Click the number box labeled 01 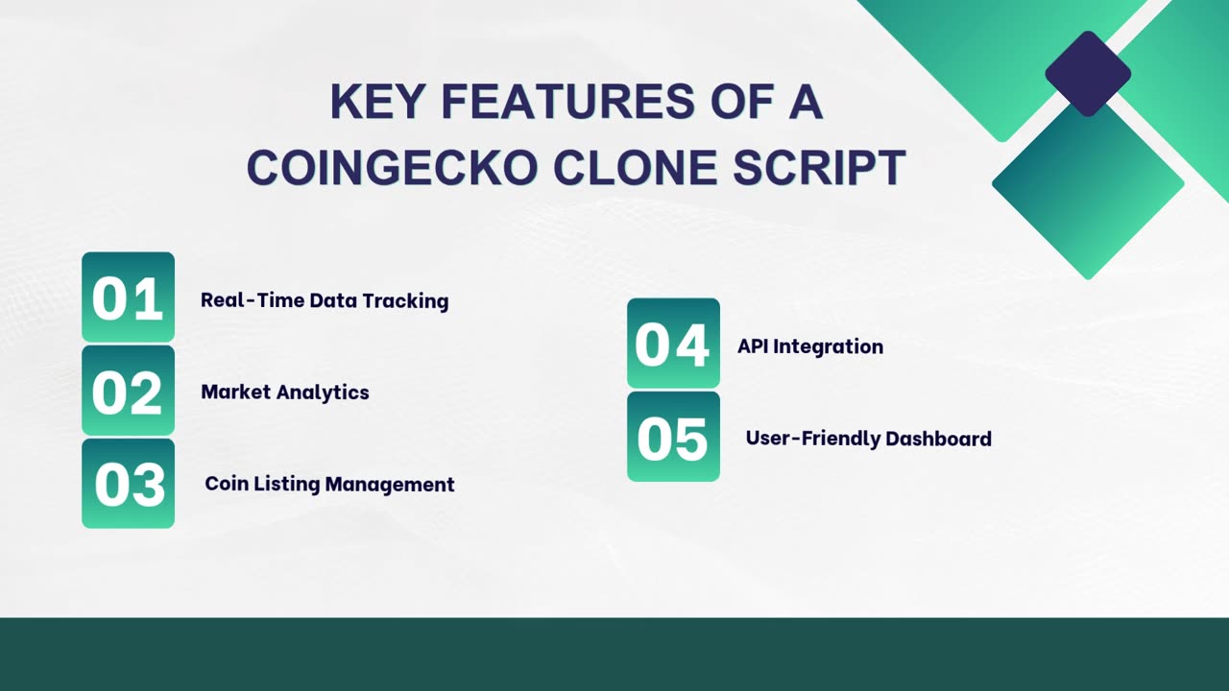click(x=128, y=298)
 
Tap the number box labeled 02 click(x=128, y=391)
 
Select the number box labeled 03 click(x=128, y=484)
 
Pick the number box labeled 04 click(x=673, y=344)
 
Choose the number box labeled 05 click(x=673, y=437)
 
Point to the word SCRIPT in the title click(x=819, y=167)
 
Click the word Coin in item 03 click(x=226, y=484)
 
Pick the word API click(x=754, y=346)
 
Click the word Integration click(x=829, y=346)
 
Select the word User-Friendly click(x=812, y=439)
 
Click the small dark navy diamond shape click(x=1088, y=74)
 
